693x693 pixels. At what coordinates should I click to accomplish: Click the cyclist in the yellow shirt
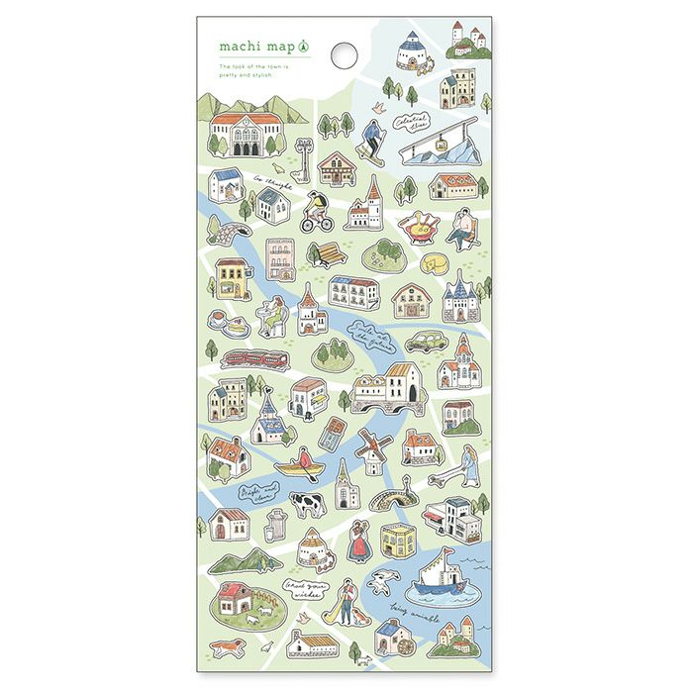(x=317, y=211)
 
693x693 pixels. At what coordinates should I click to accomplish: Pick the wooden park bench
(x=330, y=255)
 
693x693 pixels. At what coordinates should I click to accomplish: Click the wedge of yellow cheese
(x=433, y=264)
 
